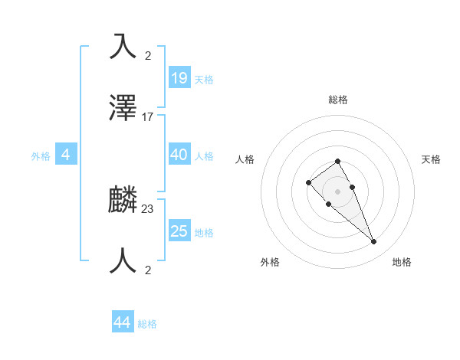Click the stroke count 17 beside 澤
click(148, 117)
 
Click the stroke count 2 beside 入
click(148, 55)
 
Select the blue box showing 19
click(179, 78)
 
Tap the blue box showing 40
click(179, 155)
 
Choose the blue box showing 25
click(179, 231)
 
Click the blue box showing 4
click(66, 155)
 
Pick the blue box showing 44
click(123, 322)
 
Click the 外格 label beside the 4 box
click(41, 156)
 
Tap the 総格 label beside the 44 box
click(147, 324)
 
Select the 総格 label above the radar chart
click(338, 100)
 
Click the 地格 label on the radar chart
click(402, 262)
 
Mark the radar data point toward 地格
click(373, 242)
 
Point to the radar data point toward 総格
click(338, 161)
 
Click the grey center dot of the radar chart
click(338, 191)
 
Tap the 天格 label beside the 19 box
click(204, 80)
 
